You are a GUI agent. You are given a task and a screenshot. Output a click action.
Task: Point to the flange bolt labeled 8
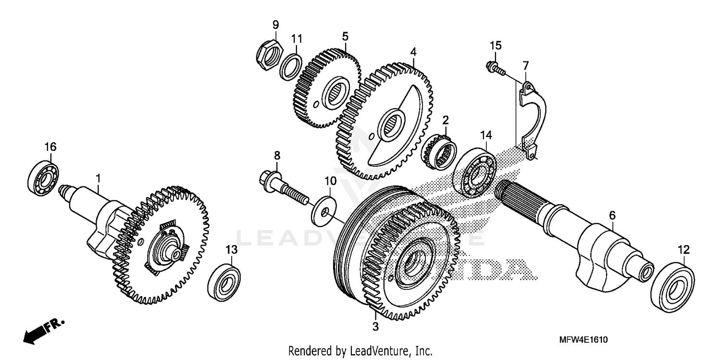point(284,188)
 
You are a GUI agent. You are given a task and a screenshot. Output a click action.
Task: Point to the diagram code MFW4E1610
point(583,340)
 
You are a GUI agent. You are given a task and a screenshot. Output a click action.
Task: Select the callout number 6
point(612,216)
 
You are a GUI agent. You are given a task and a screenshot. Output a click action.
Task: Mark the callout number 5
point(345,36)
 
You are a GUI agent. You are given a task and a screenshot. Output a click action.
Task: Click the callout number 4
point(413,51)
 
